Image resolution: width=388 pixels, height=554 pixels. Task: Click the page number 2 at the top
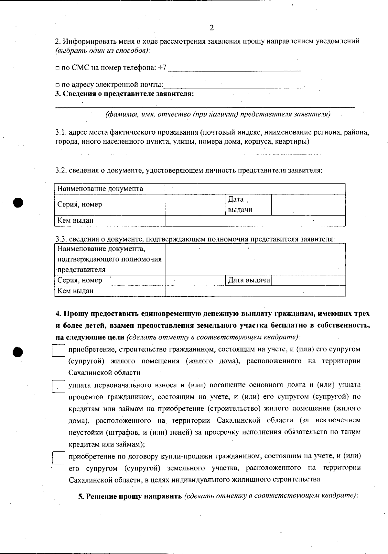point(211,28)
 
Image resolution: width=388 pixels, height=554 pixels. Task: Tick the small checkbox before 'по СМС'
point(57,68)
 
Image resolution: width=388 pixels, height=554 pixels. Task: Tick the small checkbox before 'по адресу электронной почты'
point(57,85)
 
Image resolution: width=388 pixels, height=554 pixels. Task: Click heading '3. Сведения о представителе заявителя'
point(125,94)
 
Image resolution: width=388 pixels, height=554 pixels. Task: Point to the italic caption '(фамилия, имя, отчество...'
point(218,115)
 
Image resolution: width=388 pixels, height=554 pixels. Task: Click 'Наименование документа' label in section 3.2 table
point(100,189)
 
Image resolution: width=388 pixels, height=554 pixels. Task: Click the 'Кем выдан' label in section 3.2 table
point(75,220)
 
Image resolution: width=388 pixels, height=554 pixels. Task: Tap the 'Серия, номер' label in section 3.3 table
point(80,280)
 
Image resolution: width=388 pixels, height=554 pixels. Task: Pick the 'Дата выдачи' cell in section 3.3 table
point(249,280)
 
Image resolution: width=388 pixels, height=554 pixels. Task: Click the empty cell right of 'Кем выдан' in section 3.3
point(255,291)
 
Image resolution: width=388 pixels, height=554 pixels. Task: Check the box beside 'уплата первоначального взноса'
point(59,386)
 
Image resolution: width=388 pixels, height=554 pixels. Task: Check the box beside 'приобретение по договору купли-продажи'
point(59,458)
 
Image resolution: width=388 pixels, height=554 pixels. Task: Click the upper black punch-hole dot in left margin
point(19,203)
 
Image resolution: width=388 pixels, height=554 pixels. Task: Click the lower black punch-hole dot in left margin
point(19,351)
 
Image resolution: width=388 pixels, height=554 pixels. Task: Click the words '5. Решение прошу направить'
point(130,496)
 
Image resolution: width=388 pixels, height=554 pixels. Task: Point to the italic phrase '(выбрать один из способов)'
point(102,51)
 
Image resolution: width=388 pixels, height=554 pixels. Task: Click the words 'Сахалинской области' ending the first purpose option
point(104,372)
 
